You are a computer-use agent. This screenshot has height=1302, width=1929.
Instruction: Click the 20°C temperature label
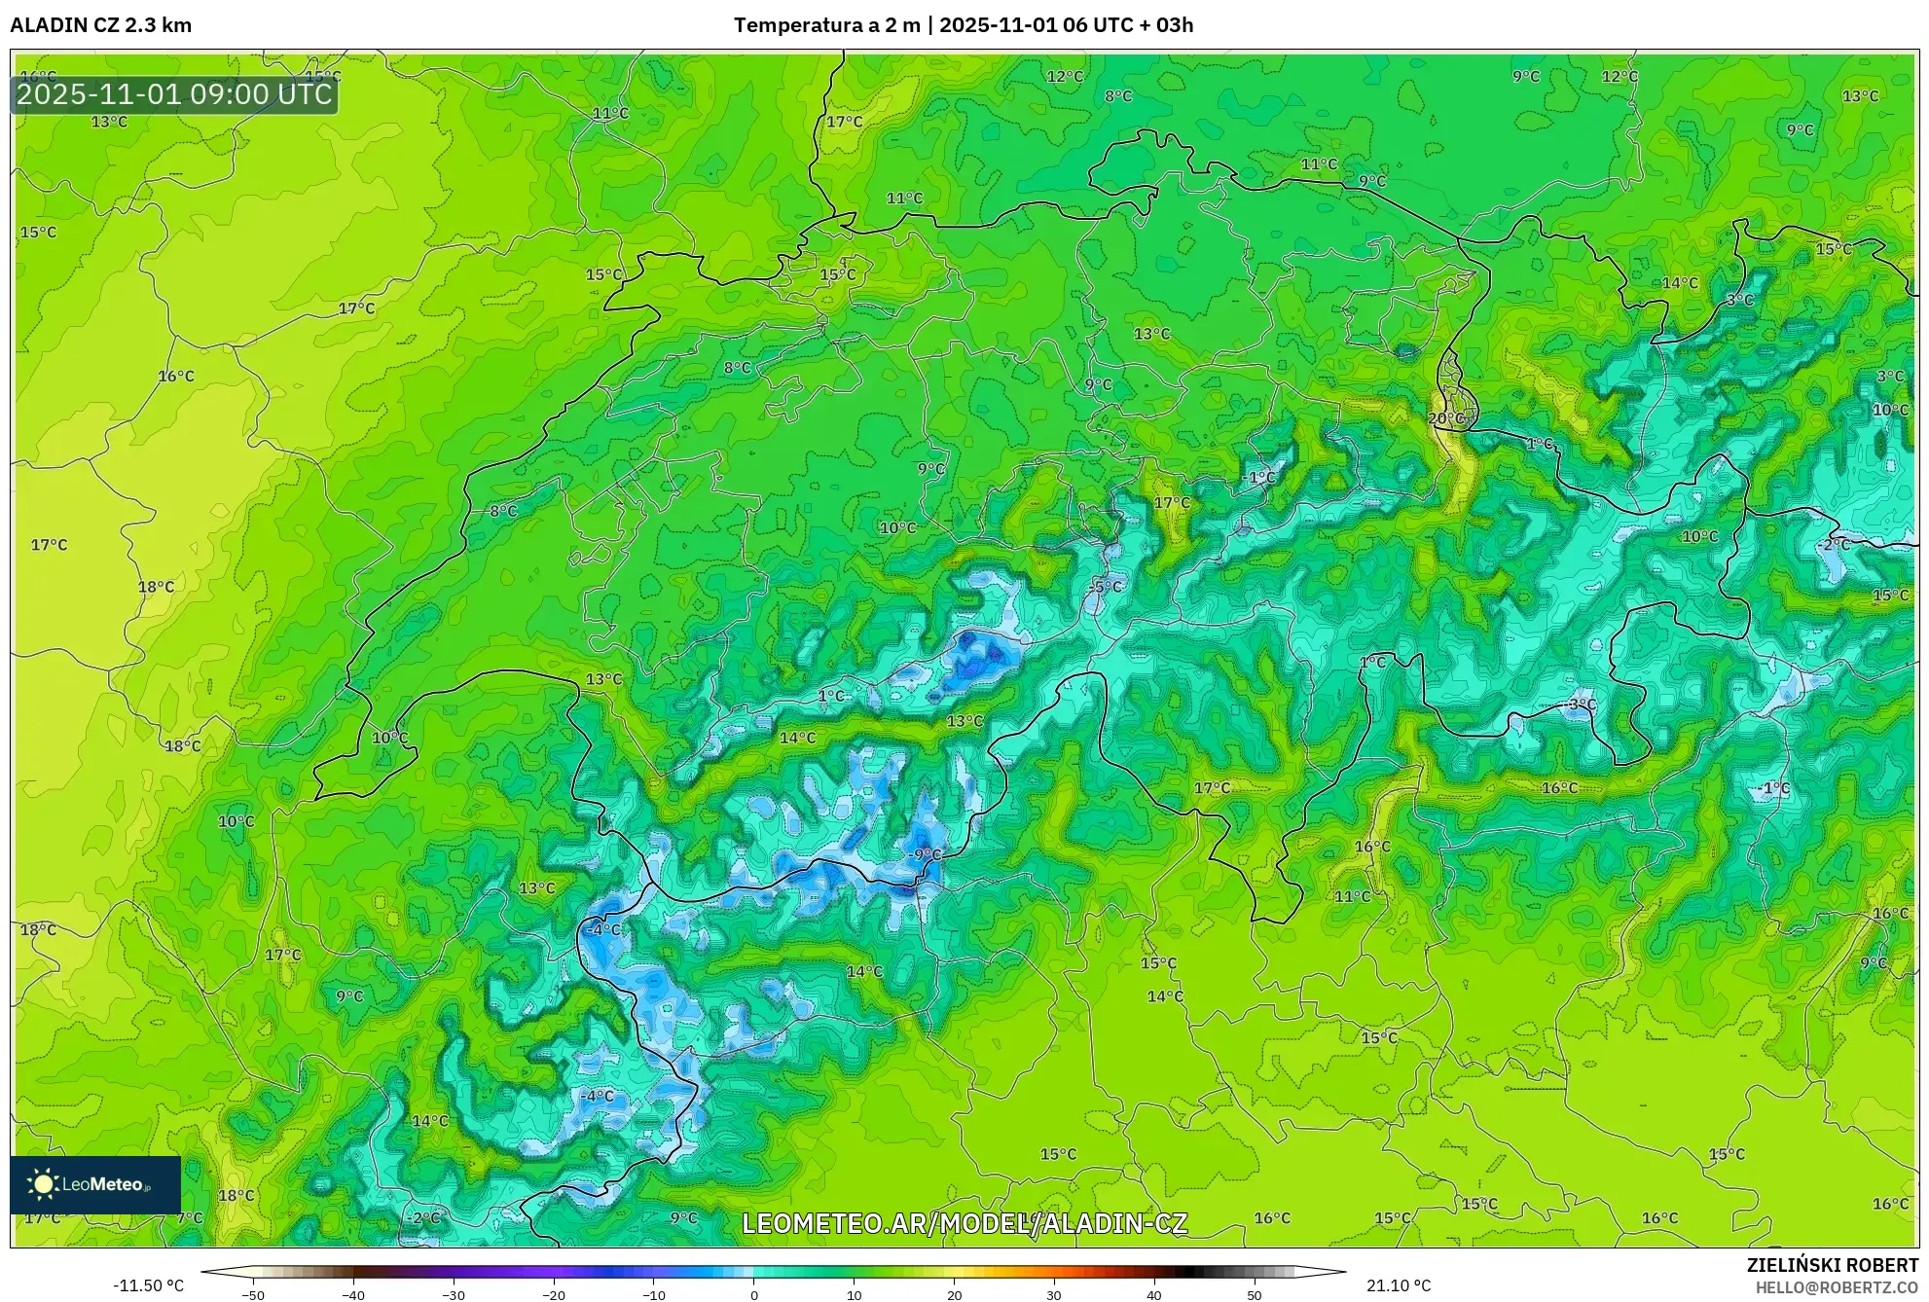point(1445,418)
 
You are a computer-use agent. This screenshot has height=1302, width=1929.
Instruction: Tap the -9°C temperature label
point(925,854)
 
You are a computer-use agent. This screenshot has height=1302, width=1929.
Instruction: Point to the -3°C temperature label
point(1581,704)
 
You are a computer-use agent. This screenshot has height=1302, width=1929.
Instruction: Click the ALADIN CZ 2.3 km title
point(100,25)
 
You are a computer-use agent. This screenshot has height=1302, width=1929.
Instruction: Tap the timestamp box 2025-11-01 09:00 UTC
point(174,94)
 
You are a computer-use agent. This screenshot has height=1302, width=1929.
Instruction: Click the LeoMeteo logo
point(94,1184)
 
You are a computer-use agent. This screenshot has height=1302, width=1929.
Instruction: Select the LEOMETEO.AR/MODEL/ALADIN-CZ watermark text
point(964,1223)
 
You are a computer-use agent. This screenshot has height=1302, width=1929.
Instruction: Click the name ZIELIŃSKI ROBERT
point(1832,1265)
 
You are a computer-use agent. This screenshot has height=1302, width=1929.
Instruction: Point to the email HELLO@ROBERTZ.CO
point(1837,1287)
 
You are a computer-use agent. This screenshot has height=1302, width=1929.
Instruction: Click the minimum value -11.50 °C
point(148,1285)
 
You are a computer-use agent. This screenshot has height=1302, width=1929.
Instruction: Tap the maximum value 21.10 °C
point(1398,1285)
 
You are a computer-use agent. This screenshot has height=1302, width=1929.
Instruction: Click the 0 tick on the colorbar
point(754,1295)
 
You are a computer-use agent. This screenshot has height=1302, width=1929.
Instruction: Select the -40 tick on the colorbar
point(353,1295)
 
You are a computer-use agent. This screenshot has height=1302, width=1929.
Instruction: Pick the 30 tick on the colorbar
point(1054,1295)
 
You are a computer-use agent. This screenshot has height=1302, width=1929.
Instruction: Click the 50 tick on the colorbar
point(1255,1295)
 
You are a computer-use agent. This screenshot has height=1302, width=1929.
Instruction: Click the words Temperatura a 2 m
point(826,25)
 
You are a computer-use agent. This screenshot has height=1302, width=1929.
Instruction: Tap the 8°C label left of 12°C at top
point(1117,96)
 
